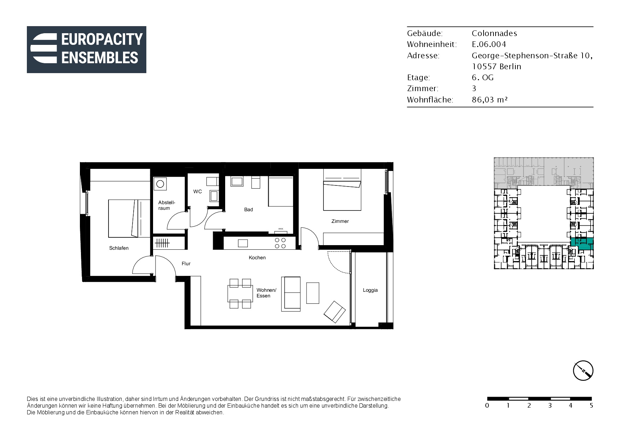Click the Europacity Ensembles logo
coord(87,49)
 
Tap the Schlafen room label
coord(119,248)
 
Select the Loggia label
coord(370,290)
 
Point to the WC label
coord(198,191)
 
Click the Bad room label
coord(248,209)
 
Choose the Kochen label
coord(257,258)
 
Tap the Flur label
coord(186,264)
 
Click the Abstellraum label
coord(166,205)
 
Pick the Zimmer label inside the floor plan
coord(340,221)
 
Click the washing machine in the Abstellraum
coord(160,184)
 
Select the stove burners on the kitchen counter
coord(280,243)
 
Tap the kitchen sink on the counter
coord(243,243)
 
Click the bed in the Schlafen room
coord(129,218)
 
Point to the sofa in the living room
coord(291,294)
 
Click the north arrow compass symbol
coord(583,371)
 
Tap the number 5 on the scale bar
coord(591,406)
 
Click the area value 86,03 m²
coord(490,100)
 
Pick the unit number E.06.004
coord(489,44)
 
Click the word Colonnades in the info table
coord(494,33)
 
